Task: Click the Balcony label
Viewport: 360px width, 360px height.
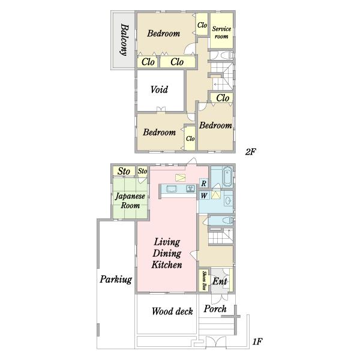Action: [124, 40]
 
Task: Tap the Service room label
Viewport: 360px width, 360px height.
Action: [221, 32]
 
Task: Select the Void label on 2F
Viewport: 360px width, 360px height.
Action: [159, 89]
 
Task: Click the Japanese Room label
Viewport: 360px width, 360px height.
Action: [130, 200]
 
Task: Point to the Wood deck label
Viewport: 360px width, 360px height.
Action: [172, 311]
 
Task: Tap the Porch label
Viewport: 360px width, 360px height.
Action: [215, 309]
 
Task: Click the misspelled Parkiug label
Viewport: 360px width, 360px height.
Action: [116, 280]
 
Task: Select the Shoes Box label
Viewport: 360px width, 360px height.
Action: [204, 280]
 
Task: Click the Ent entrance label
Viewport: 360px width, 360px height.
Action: [220, 281]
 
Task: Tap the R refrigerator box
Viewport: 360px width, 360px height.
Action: [203, 183]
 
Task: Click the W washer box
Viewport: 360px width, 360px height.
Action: [204, 196]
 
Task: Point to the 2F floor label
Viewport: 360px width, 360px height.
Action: [250, 152]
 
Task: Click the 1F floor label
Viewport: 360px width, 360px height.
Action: [257, 342]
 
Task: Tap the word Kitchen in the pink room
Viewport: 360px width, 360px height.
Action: [167, 265]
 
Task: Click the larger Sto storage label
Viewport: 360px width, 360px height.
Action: [124, 171]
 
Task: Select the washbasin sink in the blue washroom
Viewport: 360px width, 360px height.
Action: [228, 200]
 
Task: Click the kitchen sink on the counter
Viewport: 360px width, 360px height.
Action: [190, 189]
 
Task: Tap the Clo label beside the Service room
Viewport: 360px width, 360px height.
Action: [202, 25]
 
